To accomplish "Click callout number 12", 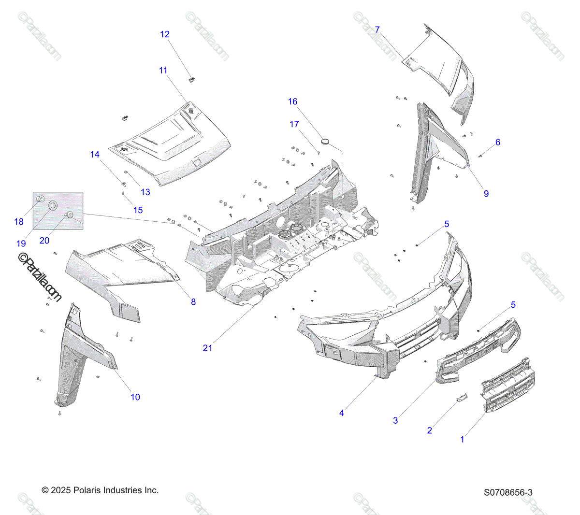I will click(x=165, y=34).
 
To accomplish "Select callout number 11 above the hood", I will click(x=163, y=71).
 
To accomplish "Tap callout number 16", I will click(x=293, y=101).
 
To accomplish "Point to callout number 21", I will click(x=207, y=348).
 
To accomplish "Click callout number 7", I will click(x=377, y=29).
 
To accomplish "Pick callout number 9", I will click(x=486, y=194).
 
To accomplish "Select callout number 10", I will click(x=135, y=397).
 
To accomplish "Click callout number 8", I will click(x=193, y=302).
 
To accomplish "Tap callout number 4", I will click(x=342, y=413).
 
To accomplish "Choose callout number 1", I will click(x=462, y=440).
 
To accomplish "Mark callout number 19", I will click(x=21, y=243).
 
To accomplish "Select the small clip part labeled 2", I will click(x=462, y=397).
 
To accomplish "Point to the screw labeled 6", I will click(x=480, y=156).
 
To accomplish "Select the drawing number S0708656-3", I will click(x=508, y=493).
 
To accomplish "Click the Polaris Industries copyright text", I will click(x=100, y=490).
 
